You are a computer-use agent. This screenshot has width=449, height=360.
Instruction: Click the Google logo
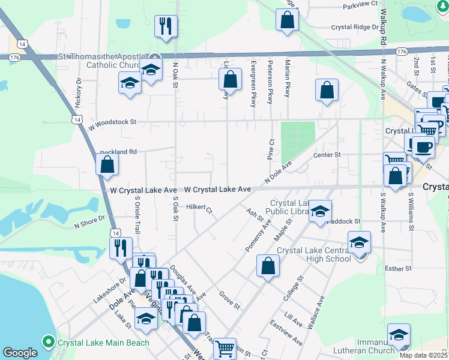[x=20, y=353]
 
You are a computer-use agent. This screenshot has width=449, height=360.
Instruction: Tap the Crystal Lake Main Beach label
[x=103, y=343]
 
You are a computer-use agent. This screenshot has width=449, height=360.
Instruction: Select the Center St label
[x=327, y=155]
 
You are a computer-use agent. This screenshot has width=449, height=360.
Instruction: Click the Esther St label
[x=397, y=268]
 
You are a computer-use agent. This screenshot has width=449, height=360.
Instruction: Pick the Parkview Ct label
[x=359, y=5]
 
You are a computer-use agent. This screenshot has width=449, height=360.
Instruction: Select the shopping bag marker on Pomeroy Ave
[x=268, y=265]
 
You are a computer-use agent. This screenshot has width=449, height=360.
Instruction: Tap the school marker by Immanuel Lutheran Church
[x=398, y=334]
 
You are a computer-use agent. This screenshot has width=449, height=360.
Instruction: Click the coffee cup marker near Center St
[x=423, y=146]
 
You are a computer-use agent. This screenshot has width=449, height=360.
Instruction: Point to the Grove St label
[x=229, y=300]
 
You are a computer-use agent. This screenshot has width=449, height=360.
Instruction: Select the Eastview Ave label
[x=286, y=334]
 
